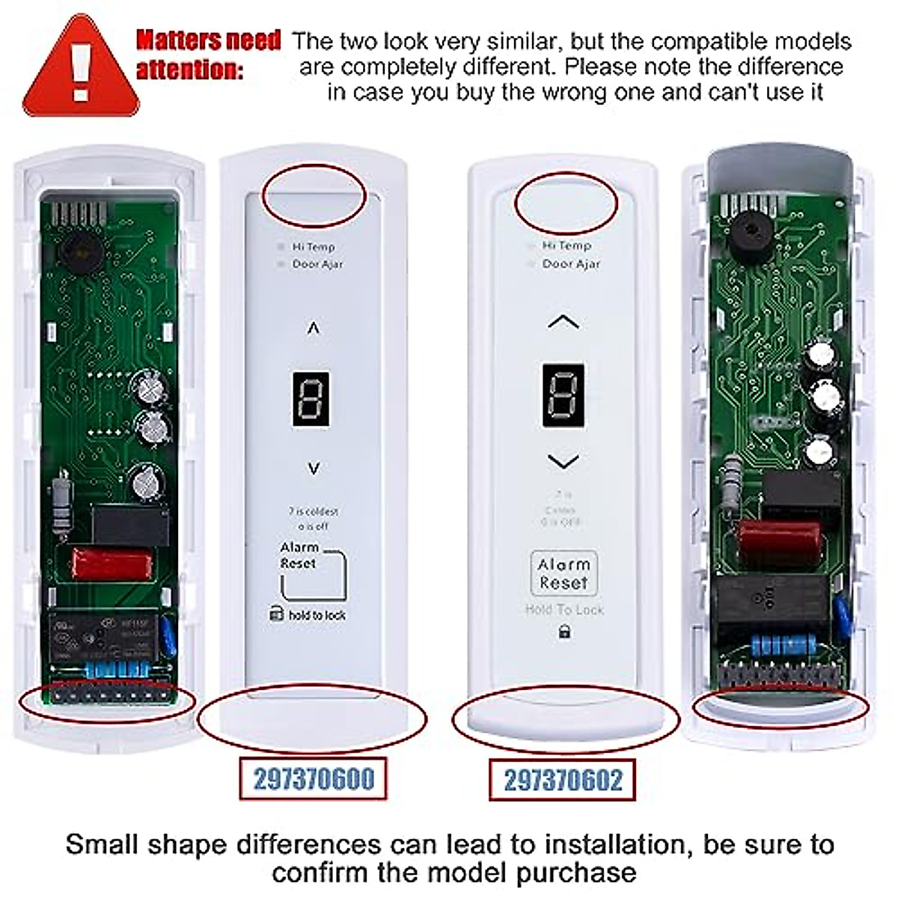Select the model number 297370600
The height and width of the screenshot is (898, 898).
pos(313,779)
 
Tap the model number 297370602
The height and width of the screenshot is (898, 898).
pos(563,781)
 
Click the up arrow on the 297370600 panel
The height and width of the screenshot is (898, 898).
pos(314,328)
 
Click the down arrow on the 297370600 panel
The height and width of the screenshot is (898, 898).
pos(314,468)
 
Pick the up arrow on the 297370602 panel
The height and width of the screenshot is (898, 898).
pos(563,323)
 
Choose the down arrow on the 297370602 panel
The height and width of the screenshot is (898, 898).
pos(563,461)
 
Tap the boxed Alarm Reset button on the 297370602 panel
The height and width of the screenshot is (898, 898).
pos(563,573)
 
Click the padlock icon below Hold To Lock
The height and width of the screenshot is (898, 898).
pos(564,632)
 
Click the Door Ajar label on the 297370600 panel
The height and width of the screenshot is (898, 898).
pos(317,264)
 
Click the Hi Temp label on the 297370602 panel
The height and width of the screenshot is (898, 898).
pos(566,245)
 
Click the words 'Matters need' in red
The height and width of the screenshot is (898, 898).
pos(208,40)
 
